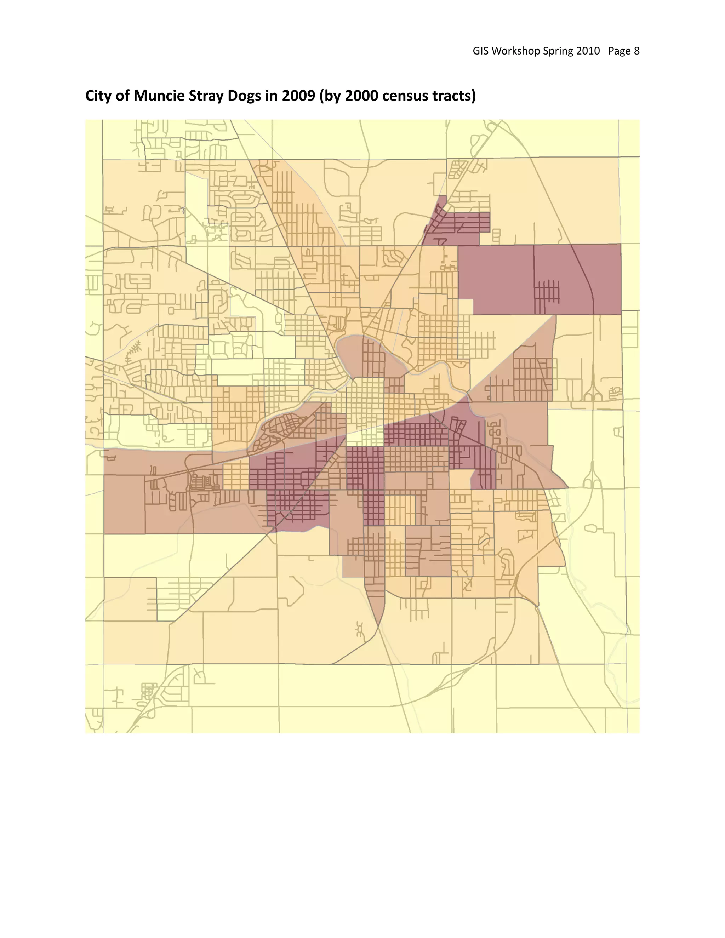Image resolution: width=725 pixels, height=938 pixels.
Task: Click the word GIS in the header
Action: coord(481,51)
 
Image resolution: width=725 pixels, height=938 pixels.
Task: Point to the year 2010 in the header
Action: coord(588,51)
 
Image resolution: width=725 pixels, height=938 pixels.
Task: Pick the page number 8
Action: coord(636,51)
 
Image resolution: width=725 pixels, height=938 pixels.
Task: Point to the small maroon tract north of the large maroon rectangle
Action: coord(455,223)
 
